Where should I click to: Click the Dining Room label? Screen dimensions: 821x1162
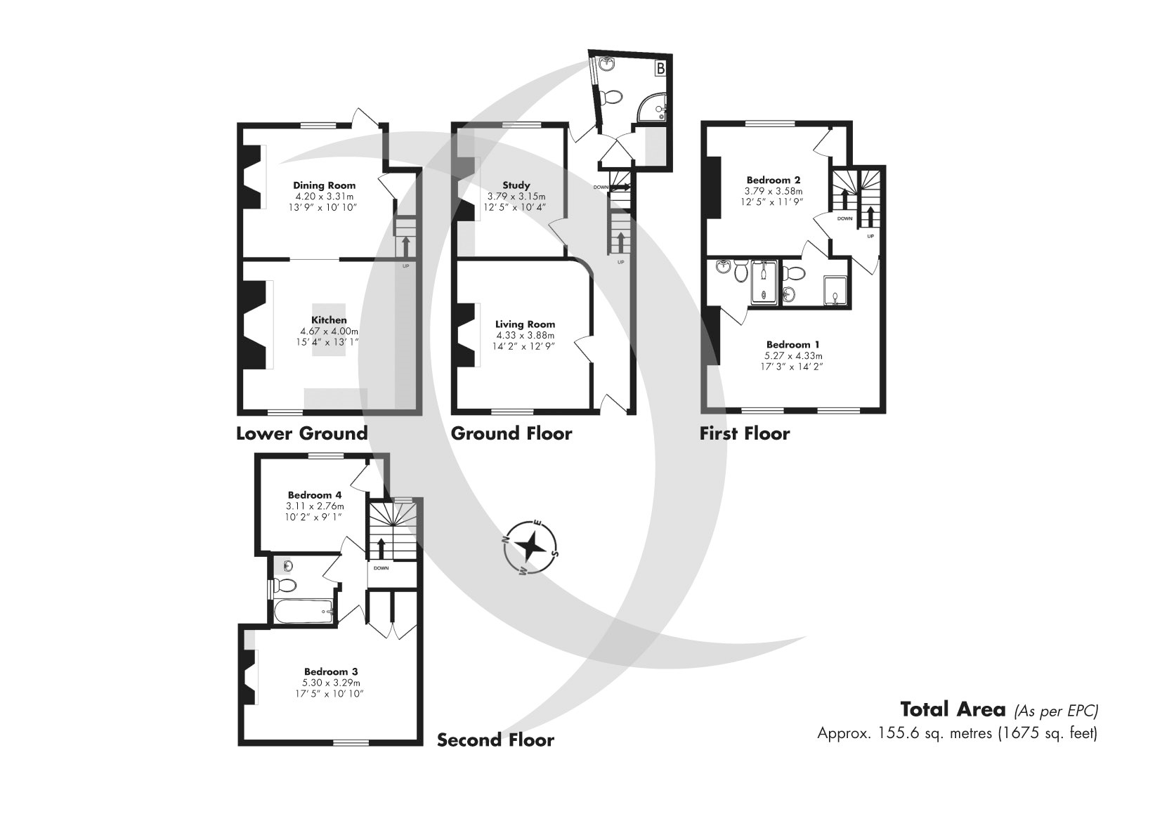click(x=324, y=185)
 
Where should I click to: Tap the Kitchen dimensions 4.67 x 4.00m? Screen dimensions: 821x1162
click(x=329, y=331)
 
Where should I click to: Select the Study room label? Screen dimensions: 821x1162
click(x=516, y=185)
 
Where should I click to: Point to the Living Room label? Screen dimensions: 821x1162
click(x=525, y=324)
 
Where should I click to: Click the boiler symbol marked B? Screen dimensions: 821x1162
click(x=660, y=68)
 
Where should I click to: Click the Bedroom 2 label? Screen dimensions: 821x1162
click(x=773, y=180)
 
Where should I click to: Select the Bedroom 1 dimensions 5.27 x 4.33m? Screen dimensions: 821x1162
click(x=792, y=355)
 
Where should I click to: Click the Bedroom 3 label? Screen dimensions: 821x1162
click(x=331, y=671)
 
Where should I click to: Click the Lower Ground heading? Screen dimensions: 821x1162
click(x=301, y=433)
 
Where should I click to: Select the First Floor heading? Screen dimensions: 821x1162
click(x=744, y=433)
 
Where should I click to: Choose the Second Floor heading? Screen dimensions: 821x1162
click(x=495, y=740)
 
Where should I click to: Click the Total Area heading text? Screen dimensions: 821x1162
click(x=953, y=709)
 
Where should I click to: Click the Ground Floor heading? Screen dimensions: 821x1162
click(x=511, y=433)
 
